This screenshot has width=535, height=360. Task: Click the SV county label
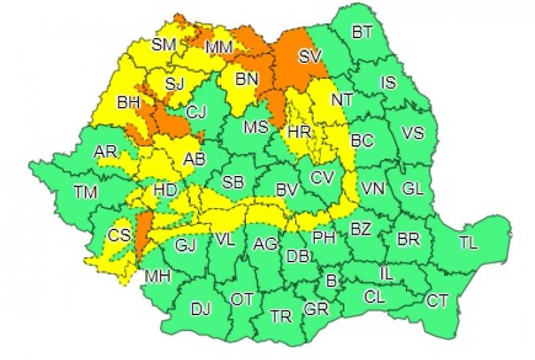point(309,58)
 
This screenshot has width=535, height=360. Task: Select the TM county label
point(86,193)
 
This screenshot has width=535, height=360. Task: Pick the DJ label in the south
point(201,309)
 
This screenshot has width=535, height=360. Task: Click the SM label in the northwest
point(163,44)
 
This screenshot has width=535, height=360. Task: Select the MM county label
point(219,48)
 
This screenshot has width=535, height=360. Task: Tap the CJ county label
point(196,112)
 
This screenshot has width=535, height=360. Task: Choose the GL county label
point(413,189)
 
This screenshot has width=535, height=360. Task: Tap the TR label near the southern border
point(280,315)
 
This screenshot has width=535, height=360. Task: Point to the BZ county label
point(360,230)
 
